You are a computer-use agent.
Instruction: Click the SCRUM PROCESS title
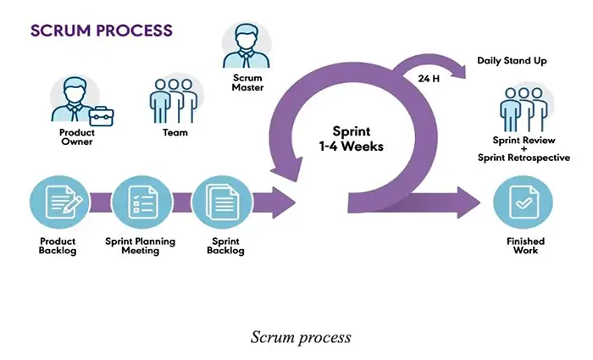click(101, 30)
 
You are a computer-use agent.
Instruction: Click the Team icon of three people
click(175, 102)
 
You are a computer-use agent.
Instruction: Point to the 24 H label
click(430, 78)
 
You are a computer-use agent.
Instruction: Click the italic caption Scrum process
click(301, 337)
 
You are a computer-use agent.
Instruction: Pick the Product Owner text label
click(76, 137)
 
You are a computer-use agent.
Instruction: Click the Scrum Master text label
click(247, 82)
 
